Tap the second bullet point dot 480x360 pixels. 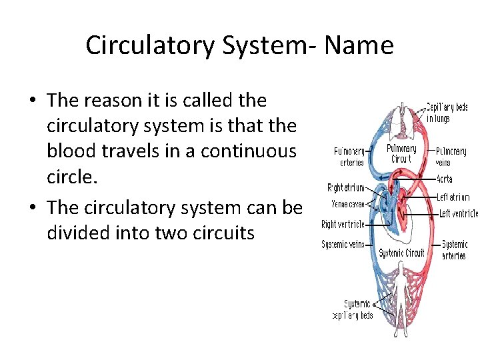tap(32, 208)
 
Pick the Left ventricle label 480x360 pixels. tap(457, 213)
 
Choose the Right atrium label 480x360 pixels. tap(345, 188)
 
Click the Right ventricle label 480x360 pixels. tap(343, 225)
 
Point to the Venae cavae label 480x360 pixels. tap(347, 203)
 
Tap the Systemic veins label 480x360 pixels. tap(343, 245)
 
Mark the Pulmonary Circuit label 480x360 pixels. tap(401, 154)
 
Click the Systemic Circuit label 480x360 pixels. tap(401, 253)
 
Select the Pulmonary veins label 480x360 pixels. tap(451, 157)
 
